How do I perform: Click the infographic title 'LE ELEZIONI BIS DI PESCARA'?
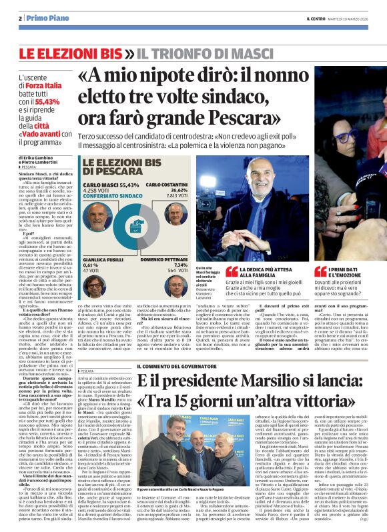pyautogui.click(x=111, y=164)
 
